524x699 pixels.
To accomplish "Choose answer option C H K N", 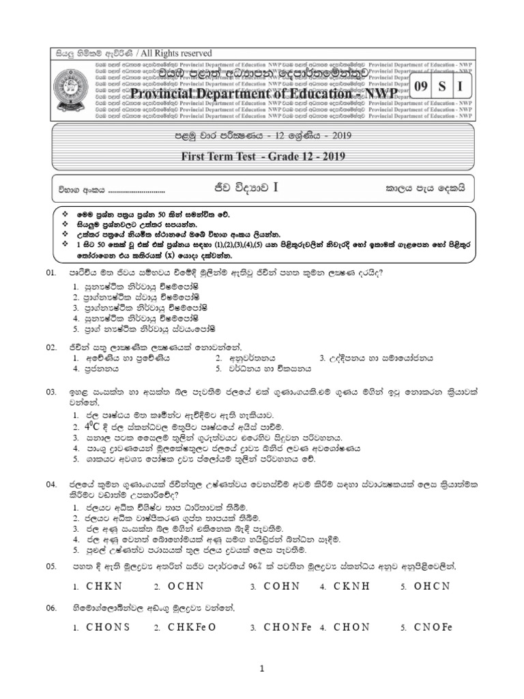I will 104,586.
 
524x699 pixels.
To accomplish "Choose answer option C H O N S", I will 109,627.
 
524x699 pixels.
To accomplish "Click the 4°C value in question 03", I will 94,426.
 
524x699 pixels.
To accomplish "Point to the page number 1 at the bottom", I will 261,672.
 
